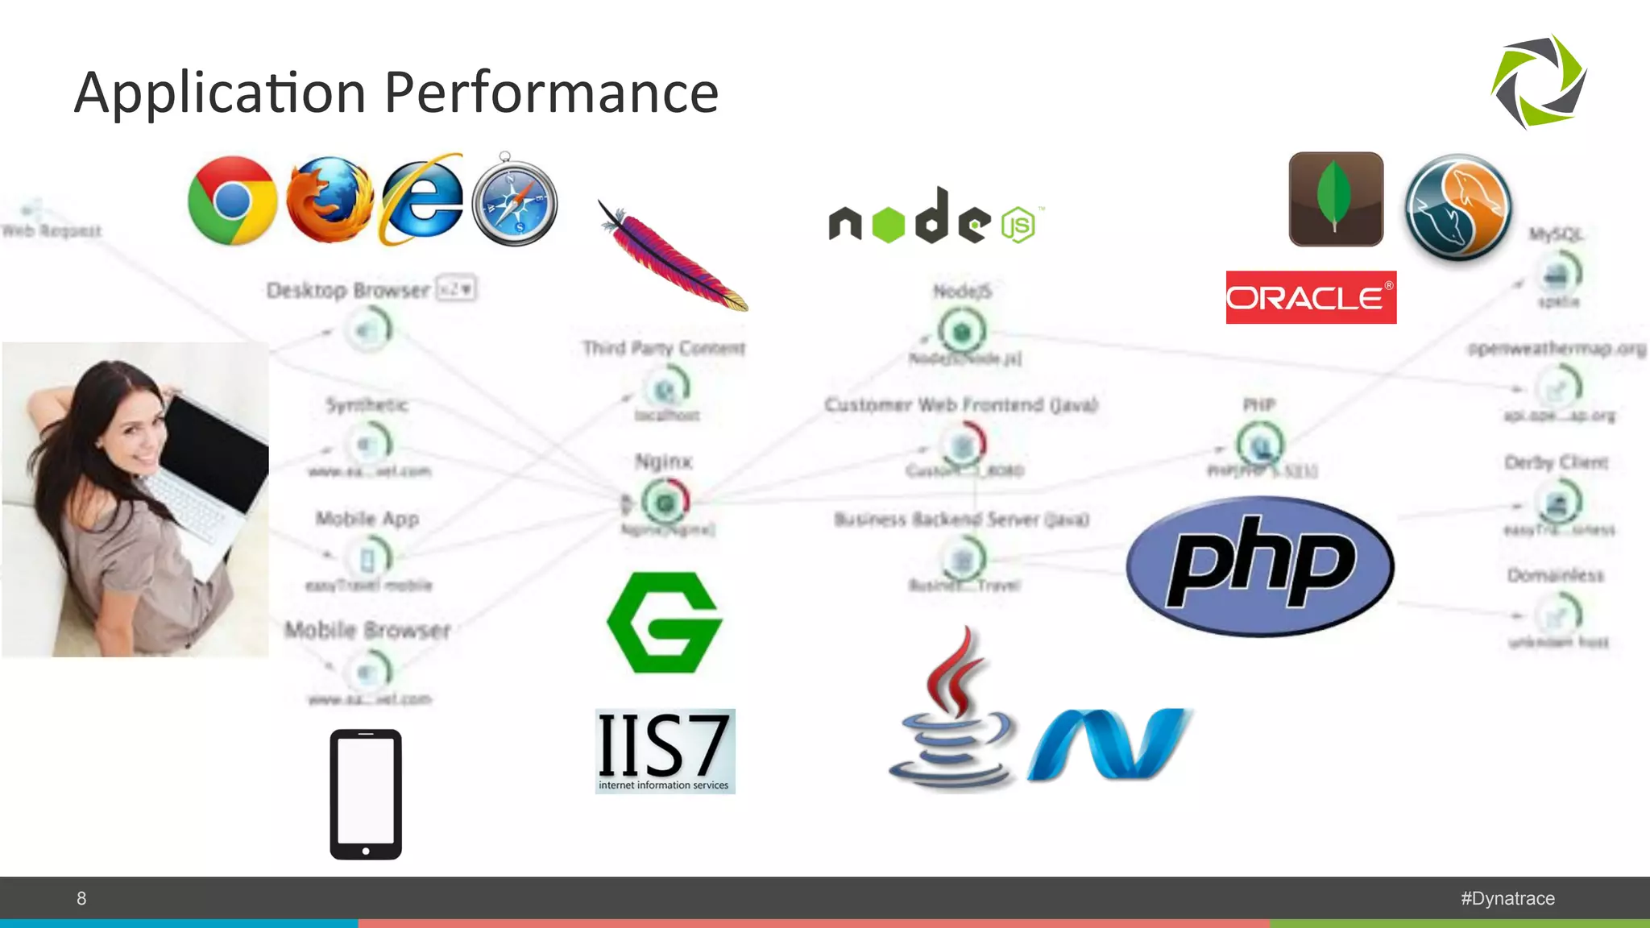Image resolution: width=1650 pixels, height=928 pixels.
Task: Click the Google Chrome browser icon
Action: [x=232, y=201]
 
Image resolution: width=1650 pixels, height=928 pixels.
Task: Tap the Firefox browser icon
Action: [x=330, y=201]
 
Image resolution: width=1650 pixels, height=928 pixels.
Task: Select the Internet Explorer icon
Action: [x=422, y=200]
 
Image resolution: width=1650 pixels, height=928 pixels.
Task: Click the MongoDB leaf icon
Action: [x=1336, y=199]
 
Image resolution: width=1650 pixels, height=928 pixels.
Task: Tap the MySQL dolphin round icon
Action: [x=1458, y=207]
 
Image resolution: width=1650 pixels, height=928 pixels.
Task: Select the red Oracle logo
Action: [x=1311, y=297]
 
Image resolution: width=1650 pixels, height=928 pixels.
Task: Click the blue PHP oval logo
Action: [x=1260, y=565]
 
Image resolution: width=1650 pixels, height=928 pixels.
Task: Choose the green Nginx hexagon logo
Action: [x=665, y=623]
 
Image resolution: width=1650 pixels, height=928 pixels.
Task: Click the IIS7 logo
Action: [x=665, y=751]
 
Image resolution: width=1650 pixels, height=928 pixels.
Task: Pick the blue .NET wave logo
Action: [x=1109, y=744]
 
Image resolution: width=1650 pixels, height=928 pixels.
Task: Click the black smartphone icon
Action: [x=366, y=794]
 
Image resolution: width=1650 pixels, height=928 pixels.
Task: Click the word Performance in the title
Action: [x=551, y=93]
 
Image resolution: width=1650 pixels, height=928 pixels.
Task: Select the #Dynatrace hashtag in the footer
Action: [x=1507, y=898]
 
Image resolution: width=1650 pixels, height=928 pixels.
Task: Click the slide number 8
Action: [x=81, y=898]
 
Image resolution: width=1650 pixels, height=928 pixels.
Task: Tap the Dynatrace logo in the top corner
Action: [x=1539, y=81]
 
